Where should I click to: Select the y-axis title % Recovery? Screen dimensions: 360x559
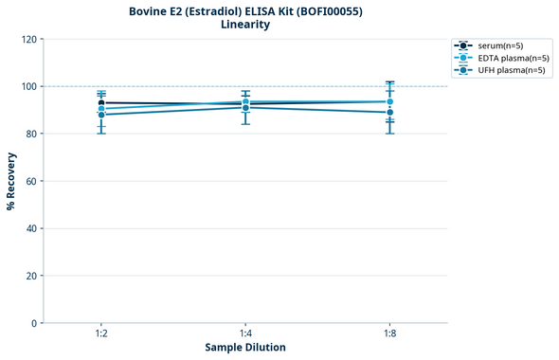[11, 180]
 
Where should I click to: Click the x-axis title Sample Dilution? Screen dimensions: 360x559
[245, 347]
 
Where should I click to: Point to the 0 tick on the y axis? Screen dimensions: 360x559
[34, 323]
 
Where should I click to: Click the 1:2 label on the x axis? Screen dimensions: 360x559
[101, 334]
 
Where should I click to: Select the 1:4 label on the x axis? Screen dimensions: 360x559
[245, 334]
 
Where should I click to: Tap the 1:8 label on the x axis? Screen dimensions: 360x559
[389, 334]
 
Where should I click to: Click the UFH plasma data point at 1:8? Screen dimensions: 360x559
[389, 112]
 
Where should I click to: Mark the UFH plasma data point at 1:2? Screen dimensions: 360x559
[101, 115]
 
